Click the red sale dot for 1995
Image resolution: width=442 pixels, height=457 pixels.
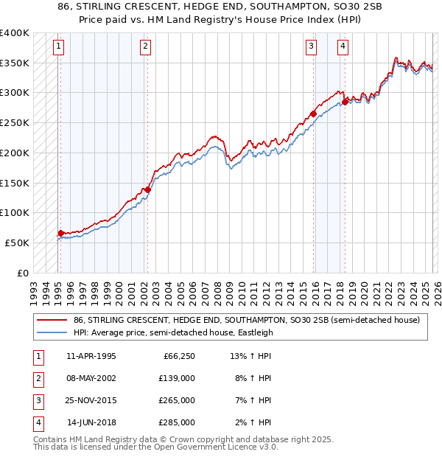60,233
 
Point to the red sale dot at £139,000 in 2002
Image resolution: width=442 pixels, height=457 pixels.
147,189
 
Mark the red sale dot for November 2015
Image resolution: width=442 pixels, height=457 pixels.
313,114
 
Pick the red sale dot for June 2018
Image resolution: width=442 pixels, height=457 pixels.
345,102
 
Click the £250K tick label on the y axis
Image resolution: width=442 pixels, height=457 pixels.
15,123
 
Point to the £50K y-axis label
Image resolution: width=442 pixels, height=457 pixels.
17,243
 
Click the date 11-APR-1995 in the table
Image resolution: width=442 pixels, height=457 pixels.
91,357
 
